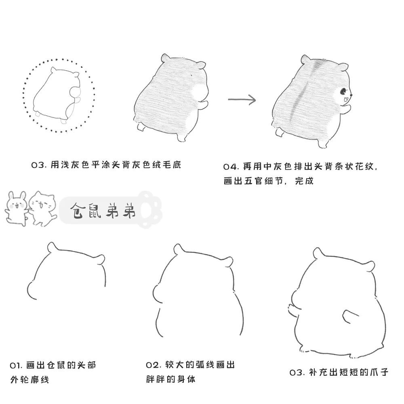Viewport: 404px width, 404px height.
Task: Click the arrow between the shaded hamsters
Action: tap(242, 100)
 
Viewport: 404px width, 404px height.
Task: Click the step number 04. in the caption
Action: tap(231, 167)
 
